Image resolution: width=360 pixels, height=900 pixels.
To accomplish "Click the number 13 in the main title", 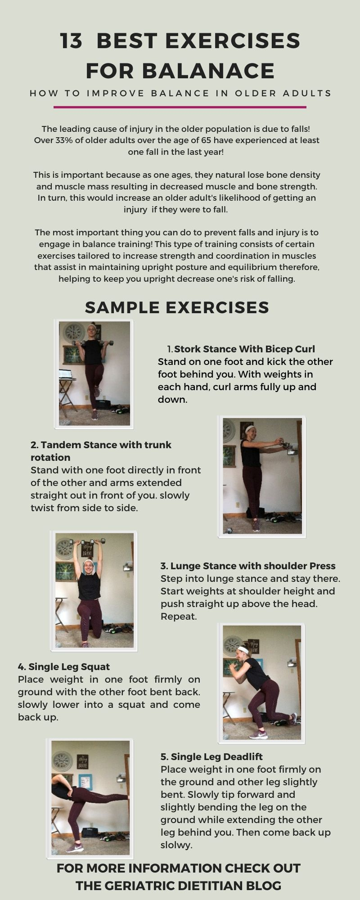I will (72, 41).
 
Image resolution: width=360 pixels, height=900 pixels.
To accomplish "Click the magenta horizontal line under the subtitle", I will (180, 107).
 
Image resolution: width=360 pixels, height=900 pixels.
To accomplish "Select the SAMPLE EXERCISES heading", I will (177, 307).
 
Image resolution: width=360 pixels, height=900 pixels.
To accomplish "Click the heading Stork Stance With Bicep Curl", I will (244, 349).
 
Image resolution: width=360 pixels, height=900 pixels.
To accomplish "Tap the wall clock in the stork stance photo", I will (73, 333).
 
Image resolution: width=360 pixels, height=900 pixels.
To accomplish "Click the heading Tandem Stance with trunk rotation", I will (101, 450).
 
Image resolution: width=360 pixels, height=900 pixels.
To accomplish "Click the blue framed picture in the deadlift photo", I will (85, 782).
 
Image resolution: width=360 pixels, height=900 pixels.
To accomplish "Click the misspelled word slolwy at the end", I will (176, 845).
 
